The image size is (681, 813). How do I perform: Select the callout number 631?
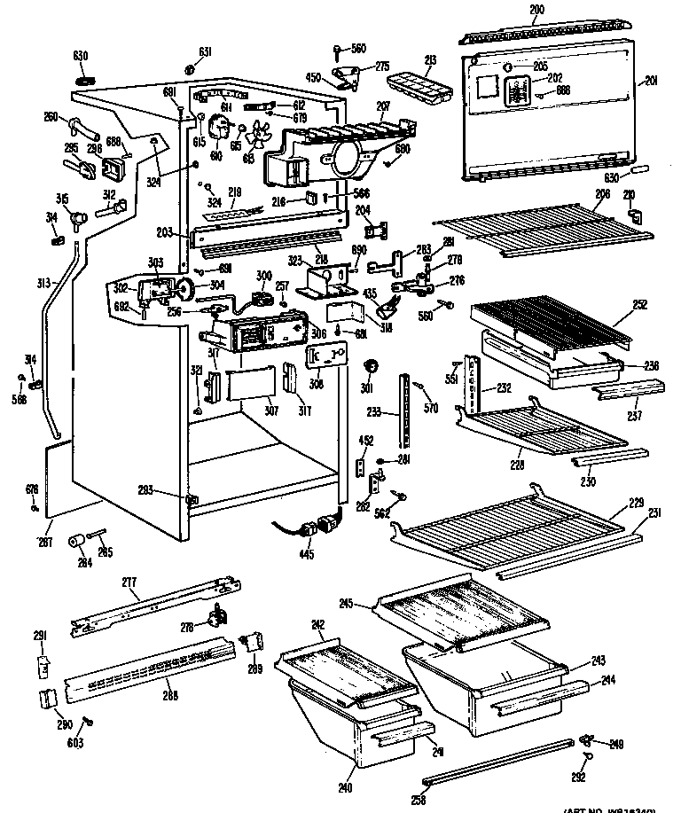coord(205,51)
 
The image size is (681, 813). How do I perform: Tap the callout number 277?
coord(129,583)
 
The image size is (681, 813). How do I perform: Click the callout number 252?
coord(640,305)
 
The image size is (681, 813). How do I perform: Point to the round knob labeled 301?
coord(372,366)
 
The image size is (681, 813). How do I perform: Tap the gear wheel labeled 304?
coord(186,286)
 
